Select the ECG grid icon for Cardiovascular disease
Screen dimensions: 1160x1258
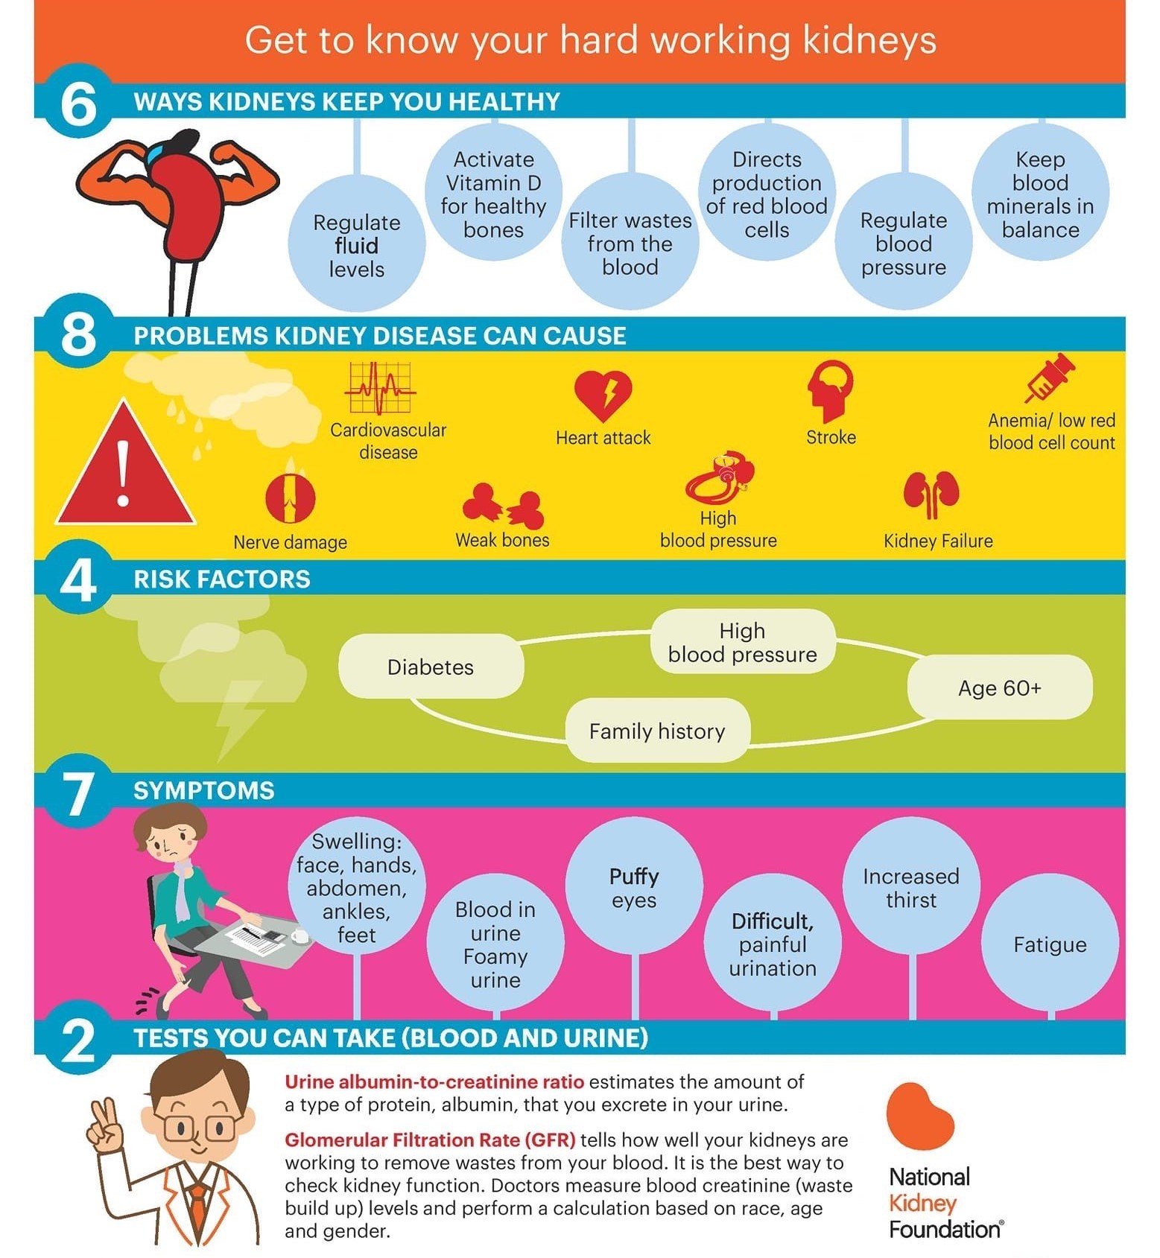(x=379, y=387)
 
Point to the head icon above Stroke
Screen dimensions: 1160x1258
(x=830, y=391)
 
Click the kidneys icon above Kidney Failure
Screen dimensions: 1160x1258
(x=931, y=494)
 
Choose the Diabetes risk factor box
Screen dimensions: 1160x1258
(x=431, y=667)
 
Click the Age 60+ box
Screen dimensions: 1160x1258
(x=999, y=687)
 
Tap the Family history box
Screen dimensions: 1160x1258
(x=657, y=731)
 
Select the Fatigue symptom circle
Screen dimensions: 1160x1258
(x=1050, y=943)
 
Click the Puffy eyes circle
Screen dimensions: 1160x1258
(x=634, y=886)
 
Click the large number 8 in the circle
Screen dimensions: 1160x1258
(x=78, y=334)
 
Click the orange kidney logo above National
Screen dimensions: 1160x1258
(x=919, y=1116)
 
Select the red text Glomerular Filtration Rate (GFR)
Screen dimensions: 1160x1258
(x=430, y=1140)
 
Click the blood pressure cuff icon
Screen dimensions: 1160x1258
(x=720, y=478)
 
